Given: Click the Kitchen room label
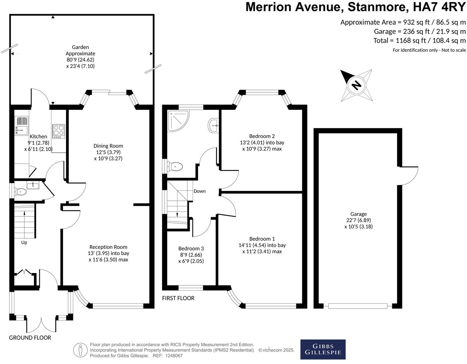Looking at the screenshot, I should tap(38, 136).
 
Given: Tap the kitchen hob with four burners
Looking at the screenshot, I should tap(58, 131).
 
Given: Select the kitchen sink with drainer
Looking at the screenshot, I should tap(22, 126).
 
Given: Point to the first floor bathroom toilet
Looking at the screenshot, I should tap(174, 166).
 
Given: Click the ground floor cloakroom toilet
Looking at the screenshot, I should tap(21, 192).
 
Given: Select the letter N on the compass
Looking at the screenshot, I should tap(356, 85).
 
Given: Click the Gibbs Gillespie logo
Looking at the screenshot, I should tap(323, 349).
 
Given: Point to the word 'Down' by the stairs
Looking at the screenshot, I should tap(200, 191).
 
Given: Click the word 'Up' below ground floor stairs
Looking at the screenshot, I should tap(24, 242).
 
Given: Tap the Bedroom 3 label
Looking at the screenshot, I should tap(191, 248).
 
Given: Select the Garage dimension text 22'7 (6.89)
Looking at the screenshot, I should tap(358, 220).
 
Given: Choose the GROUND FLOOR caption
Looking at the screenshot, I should tap(30, 338).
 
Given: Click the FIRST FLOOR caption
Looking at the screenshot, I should tap(178, 298).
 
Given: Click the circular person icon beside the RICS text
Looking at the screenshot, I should tap(80, 350).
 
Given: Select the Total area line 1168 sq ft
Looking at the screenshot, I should tap(419, 41).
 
